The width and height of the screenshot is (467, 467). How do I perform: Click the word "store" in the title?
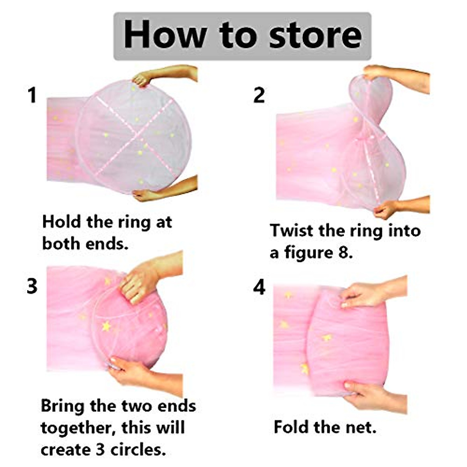click(315, 36)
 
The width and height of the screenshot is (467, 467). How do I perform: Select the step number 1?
click(32, 96)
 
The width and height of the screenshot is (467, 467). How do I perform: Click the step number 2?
click(259, 96)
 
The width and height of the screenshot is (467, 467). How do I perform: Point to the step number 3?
click(32, 286)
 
